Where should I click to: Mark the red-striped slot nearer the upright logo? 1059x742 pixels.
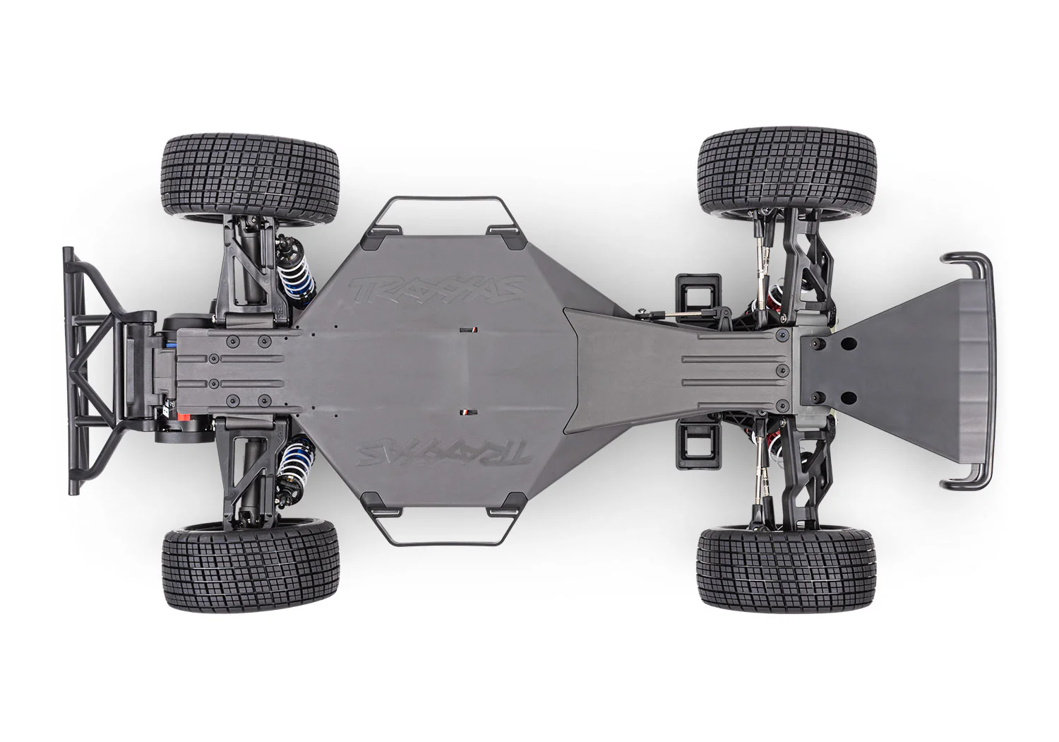point(466,330)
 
